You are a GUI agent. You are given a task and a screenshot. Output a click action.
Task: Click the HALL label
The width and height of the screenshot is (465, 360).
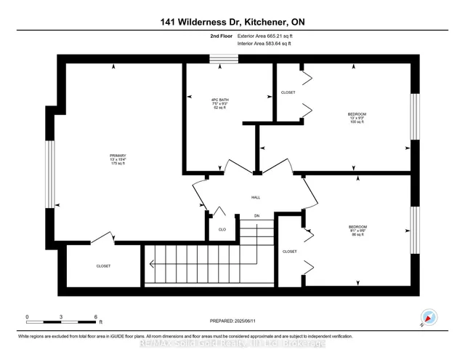click(x=256, y=197)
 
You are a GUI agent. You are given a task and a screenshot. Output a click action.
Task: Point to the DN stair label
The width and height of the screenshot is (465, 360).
click(x=256, y=216)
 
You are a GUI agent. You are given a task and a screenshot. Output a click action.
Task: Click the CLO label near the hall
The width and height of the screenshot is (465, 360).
click(x=222, y=228)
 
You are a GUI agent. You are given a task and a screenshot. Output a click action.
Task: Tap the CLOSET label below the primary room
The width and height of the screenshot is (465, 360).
click(x=104, y=266)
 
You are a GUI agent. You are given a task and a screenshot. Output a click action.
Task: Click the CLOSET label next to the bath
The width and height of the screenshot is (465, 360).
click(x=288, y=93)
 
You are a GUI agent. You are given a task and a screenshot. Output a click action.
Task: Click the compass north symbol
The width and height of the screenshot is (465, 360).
click(x=429, y=318)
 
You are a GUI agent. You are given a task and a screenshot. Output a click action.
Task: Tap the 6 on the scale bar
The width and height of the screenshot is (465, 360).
click(x=96, y=316)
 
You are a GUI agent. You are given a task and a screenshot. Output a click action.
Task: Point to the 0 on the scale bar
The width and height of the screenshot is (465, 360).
click(x=28, y=316)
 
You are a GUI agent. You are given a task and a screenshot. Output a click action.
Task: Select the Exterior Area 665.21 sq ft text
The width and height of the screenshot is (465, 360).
click(x=267, y=34)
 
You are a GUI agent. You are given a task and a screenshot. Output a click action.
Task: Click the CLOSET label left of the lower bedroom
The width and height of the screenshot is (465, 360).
click(x=289, y=252)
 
